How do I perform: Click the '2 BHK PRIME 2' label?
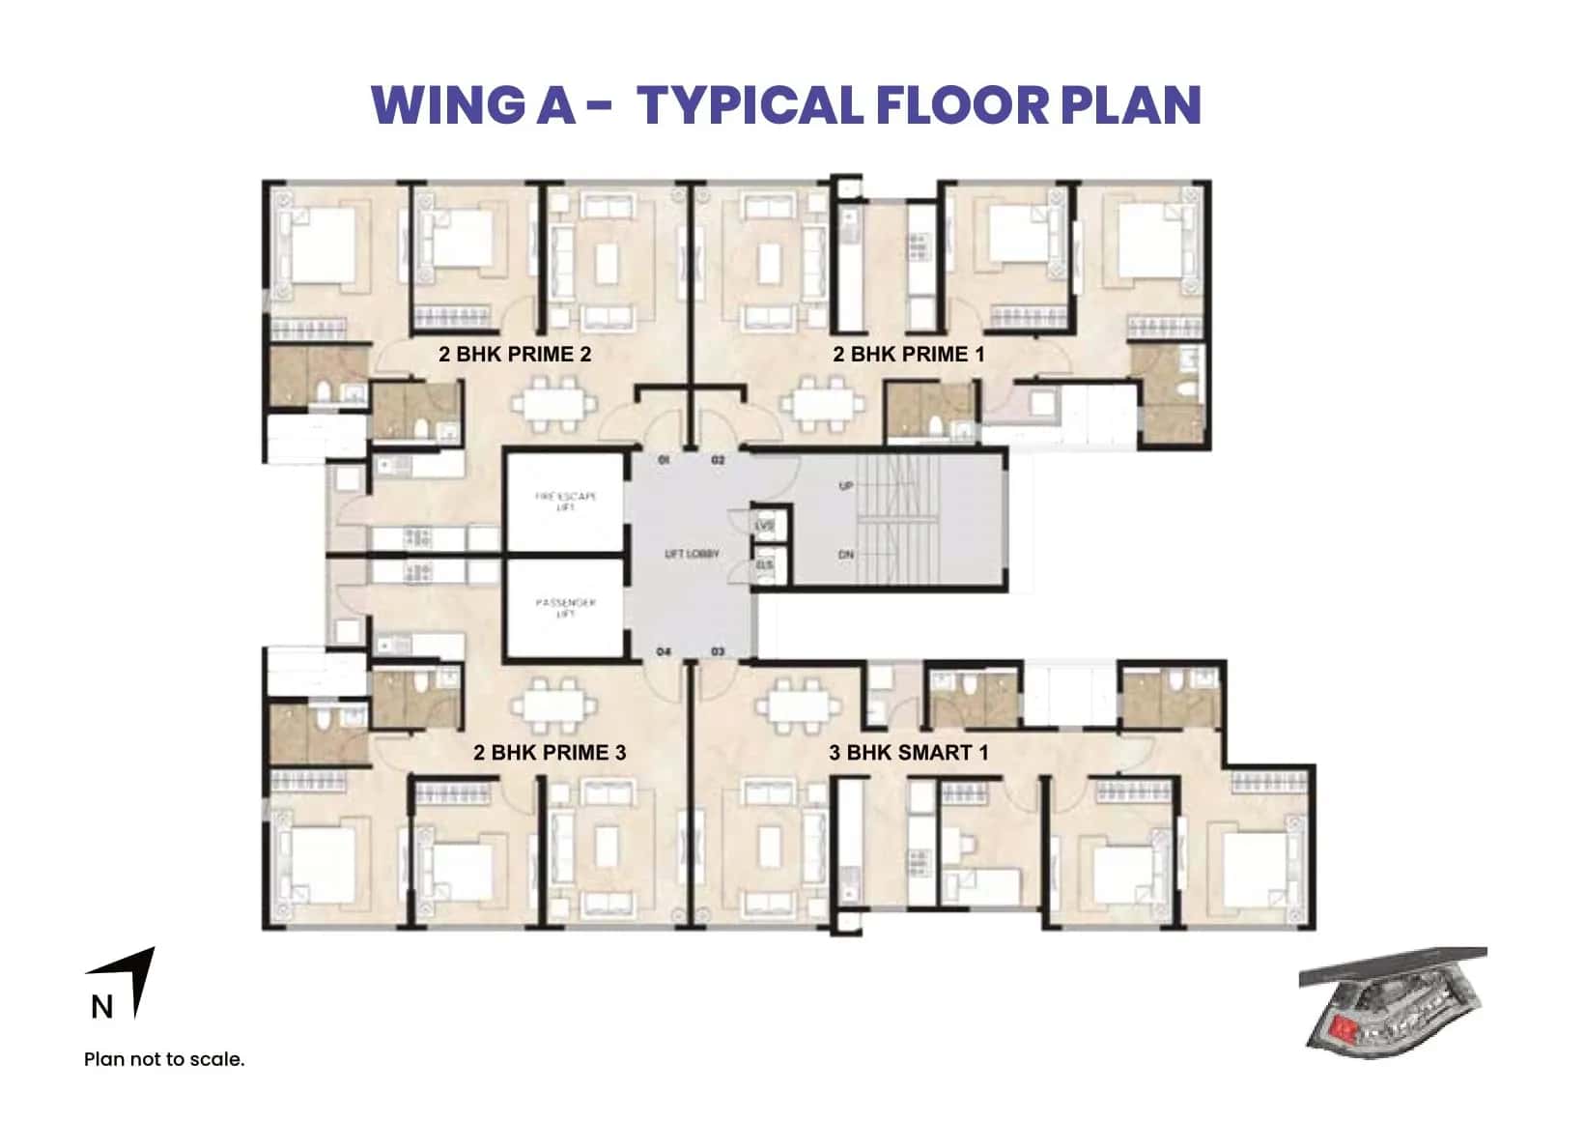[x=514, y=355]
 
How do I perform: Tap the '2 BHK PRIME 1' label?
[x=908, y=355]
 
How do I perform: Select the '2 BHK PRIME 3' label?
[x=549, y=753]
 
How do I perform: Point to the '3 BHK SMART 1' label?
[x=908, y=753]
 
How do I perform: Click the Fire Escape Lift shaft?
[x=565, y=502]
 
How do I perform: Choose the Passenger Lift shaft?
[x=565, y=608]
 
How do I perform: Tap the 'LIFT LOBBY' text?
[x=692, y=555]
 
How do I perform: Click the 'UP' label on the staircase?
[x=846, y=486]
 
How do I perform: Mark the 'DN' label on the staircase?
[x=846, y=555]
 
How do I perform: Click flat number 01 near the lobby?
[x=664, y=461]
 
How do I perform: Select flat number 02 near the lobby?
[x=718, y=461]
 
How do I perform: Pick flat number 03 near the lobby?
[x=718, y=652]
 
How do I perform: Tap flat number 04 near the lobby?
[x=664, y=652]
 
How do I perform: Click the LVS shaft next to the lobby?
[x=766, y=526]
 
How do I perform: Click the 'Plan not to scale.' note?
[x=164, y=1059]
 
